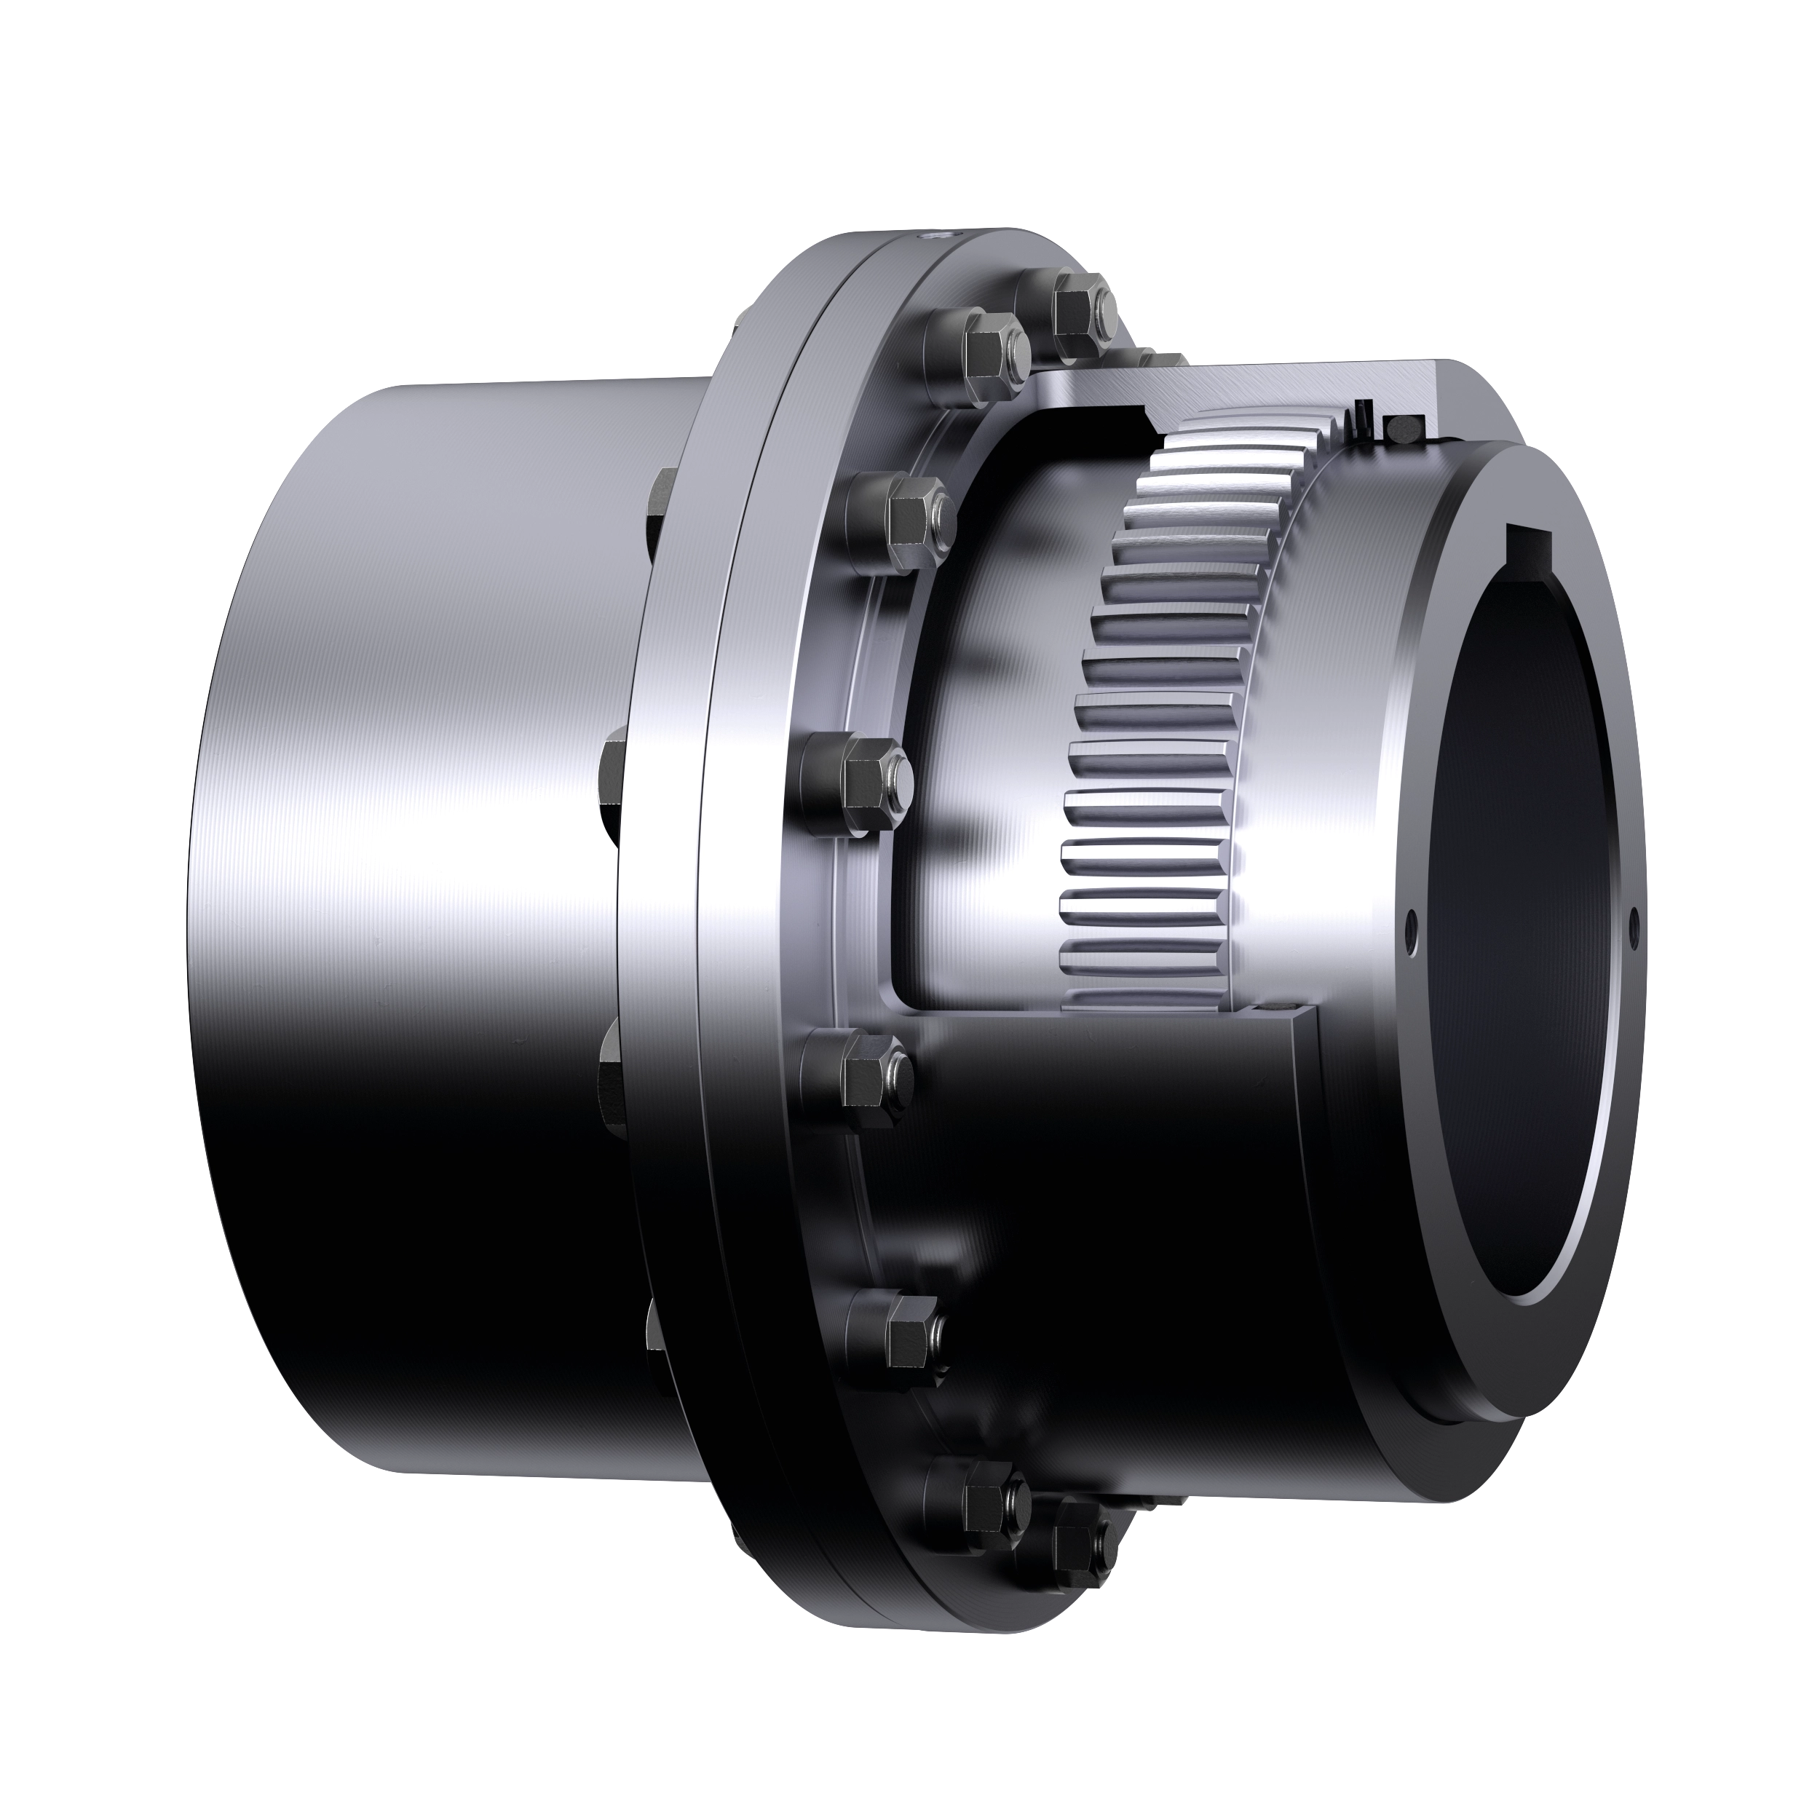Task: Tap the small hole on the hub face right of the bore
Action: coord(1632,914)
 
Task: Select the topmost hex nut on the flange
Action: coord(1077,310)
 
